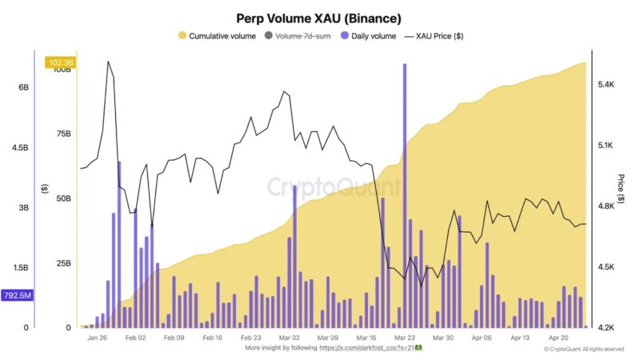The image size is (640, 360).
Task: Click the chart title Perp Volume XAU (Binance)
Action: tap(318, 17)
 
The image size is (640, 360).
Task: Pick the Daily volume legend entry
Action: tap(374, 36)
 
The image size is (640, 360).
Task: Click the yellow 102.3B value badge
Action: tap(62, 62)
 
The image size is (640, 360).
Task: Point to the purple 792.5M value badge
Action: tap(17, 296)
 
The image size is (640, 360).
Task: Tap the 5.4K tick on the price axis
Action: tap(605, 84)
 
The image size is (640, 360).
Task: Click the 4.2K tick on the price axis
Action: tap(605, 327)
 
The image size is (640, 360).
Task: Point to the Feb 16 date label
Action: tap(212, 338)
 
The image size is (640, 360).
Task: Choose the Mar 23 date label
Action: tap(405, 338)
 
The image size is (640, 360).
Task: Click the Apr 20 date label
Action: tap(558, 338)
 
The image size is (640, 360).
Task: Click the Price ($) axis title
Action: tap(622, 191)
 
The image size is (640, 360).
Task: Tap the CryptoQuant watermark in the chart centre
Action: tap(334, 187)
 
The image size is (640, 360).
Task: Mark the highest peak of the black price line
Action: tap(108, 62)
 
